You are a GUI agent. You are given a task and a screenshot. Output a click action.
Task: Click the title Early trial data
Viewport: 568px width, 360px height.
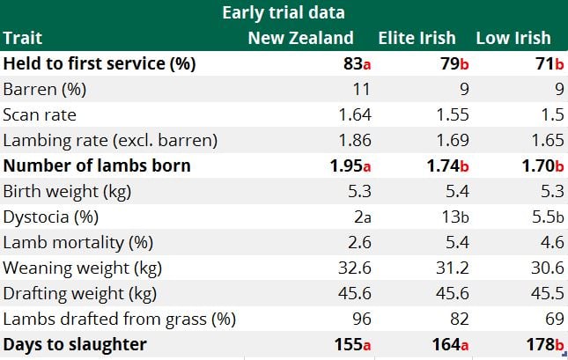click(284, 12)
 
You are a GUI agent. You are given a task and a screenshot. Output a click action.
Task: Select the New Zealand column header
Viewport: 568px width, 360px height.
click(301, 38)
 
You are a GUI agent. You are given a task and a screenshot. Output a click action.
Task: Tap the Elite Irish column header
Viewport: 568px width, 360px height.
click(417, 38)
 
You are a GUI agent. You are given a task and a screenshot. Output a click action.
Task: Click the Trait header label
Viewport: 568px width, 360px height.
click(23, 38)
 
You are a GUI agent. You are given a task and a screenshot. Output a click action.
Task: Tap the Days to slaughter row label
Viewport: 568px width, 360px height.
click(75, 344)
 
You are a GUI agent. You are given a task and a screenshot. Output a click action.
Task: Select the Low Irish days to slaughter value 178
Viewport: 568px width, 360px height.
click(534, 344)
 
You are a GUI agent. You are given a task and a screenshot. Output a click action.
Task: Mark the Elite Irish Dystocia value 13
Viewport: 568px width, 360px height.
click(439, 217)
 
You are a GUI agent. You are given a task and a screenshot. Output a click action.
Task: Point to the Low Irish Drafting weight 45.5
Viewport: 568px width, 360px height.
click(535, 293)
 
